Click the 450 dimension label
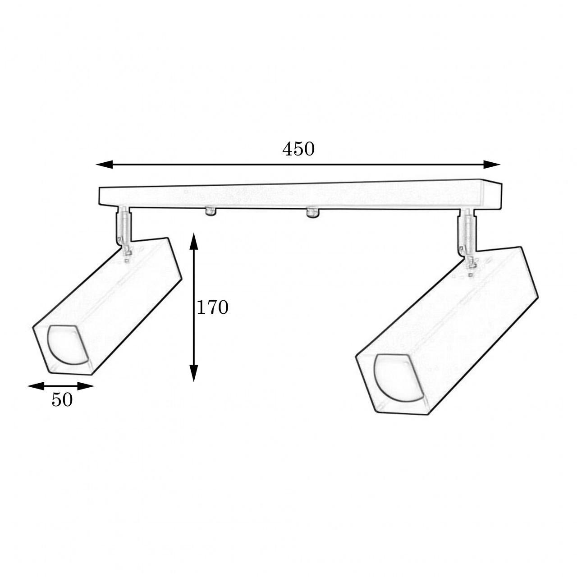tap(298, 149)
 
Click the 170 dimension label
tap(212, 307)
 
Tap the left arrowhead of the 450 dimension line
tap(104, 165)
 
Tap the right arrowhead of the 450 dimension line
tap(492, 165)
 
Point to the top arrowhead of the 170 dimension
tap(194, 241)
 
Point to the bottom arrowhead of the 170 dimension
tap(194, 373)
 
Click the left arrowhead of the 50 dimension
tap(36, 386)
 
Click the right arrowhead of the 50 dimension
tap(86, 386)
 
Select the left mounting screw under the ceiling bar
tap(211, 212)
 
